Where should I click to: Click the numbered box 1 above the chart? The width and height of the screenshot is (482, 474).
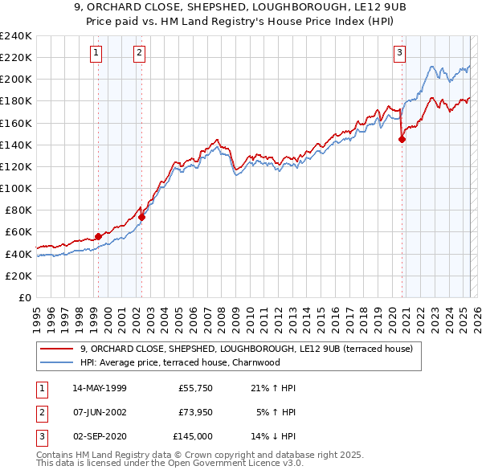coord(96,54)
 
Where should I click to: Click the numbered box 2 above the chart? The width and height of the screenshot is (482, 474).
coord(139,54)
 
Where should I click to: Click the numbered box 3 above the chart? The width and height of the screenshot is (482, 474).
coord(399,54)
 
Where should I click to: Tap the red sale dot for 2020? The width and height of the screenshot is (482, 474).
coord(402,139)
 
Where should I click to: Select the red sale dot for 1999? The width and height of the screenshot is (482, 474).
coord(98,236)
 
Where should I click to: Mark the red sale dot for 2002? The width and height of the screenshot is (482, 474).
coord(141,216)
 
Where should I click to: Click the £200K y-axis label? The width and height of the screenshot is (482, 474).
coord(16,80)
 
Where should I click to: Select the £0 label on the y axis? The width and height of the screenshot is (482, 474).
coord(24,297)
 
